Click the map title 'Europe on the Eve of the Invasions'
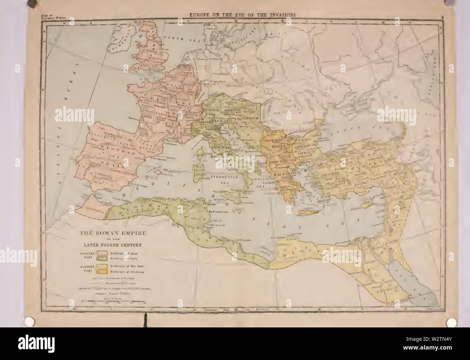pos(241,15)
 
